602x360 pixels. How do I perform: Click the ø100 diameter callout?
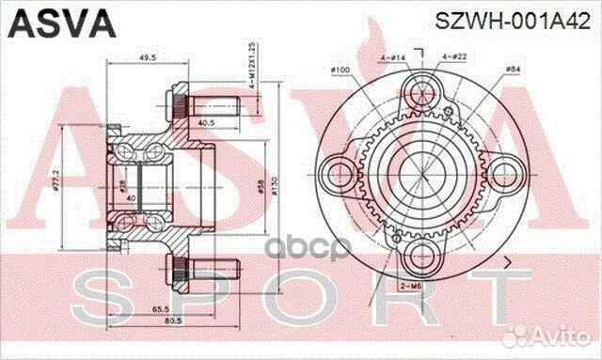coord(341,70)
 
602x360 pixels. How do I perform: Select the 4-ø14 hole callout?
coord(391,58)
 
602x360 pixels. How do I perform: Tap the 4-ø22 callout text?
coord(452,58)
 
